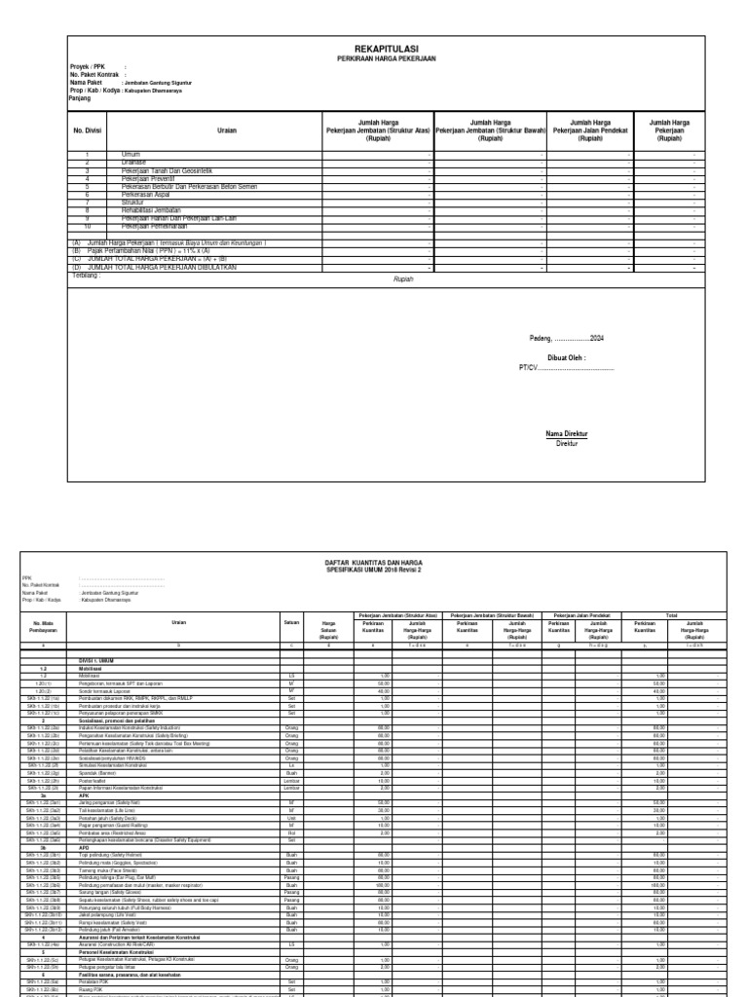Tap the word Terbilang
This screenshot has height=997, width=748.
coord(87,277)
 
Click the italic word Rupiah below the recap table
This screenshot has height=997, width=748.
coord(376,278)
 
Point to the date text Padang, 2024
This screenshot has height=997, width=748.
coord(567,338)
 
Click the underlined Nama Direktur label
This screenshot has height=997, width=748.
coord(566,433)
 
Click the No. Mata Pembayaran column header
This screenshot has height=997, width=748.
coord(48,623)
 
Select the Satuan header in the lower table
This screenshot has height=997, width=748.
coord(290,620)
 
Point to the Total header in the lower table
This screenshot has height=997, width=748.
coord(671,615)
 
